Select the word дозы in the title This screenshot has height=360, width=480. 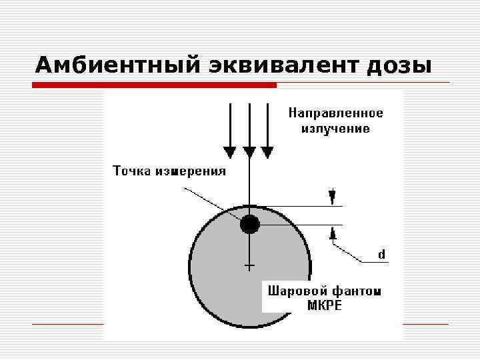[398, 65]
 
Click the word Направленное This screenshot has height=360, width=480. [335, 113]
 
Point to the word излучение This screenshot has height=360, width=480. [335, 128]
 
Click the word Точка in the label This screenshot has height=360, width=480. [131, 171]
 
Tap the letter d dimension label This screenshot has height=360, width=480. [381, 255]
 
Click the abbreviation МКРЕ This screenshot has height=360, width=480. [325, 306]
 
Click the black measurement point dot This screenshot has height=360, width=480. [249, 225]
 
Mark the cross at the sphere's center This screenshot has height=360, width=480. [249, 267]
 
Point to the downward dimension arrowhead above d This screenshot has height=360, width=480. [332, 196]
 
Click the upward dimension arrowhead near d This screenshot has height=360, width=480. [332, 233]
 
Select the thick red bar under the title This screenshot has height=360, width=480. [155, 85]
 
